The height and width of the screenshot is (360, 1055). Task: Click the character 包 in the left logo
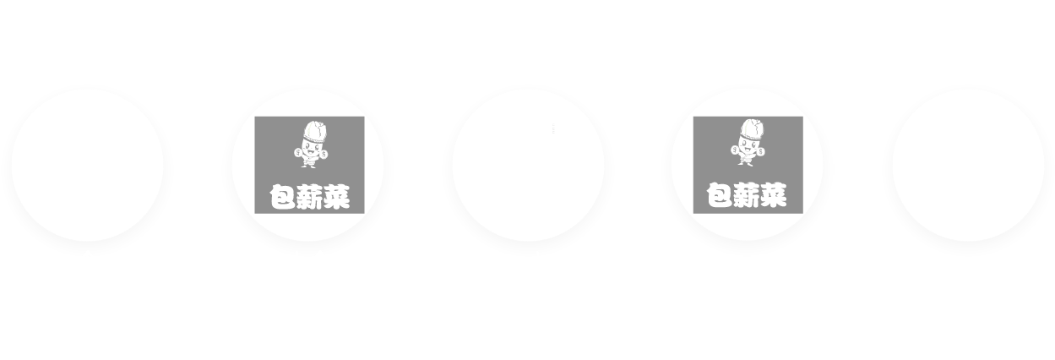(281, 198)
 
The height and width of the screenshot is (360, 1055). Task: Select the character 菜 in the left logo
(336, 198)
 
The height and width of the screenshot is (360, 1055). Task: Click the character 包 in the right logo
(719, 198)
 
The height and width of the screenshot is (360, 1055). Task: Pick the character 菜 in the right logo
(774, 198)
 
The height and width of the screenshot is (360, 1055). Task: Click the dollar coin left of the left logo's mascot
(297, 153)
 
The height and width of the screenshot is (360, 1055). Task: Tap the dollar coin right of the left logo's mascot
(324, 154)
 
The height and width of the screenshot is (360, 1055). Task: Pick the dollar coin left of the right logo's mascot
(735, 153)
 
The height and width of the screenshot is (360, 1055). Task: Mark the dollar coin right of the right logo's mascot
(762, 154)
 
